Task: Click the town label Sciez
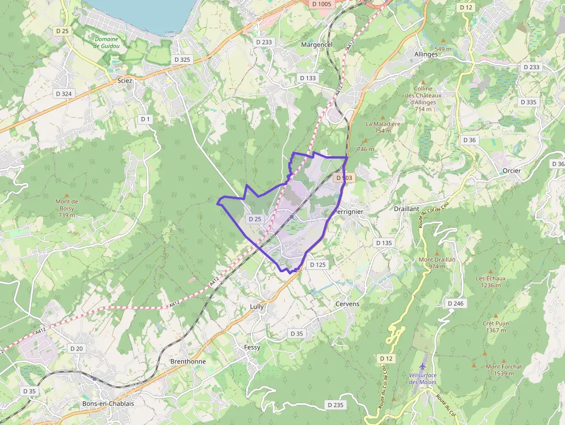(125, 81)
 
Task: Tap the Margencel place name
(317, 44)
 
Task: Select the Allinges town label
(426, 54)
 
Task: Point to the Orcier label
(511, 171)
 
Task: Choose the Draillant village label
(406, 209)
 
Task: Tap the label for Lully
(257, 307)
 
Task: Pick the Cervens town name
(347, 304)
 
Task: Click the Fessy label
(252, 348)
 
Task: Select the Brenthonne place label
(188, 362)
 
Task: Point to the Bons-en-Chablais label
(108, 404)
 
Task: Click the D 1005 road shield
(321, 4)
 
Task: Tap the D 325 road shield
(182, 59)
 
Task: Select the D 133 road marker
(308, 78)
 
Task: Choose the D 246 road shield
(455, 303)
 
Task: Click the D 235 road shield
(334, 405)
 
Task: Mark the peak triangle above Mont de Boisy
(67, 195)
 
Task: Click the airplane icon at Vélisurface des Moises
(424, 366)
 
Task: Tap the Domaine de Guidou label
(106, 42)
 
